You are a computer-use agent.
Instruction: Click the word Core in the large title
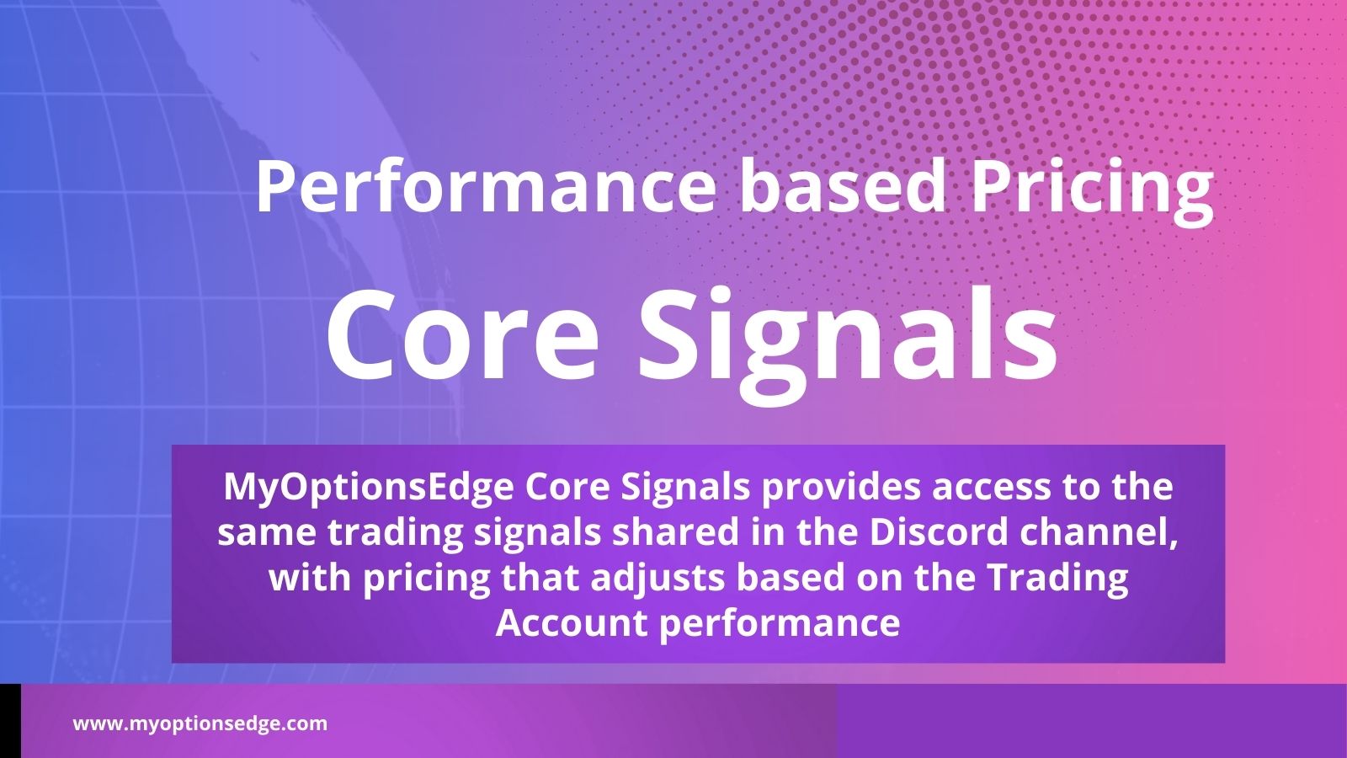(x=462, y=337)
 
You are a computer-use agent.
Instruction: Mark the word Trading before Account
(x=1057, y=579)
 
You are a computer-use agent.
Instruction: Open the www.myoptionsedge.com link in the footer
(x=200, y=723)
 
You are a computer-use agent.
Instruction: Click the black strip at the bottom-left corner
(x=10, y=721)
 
